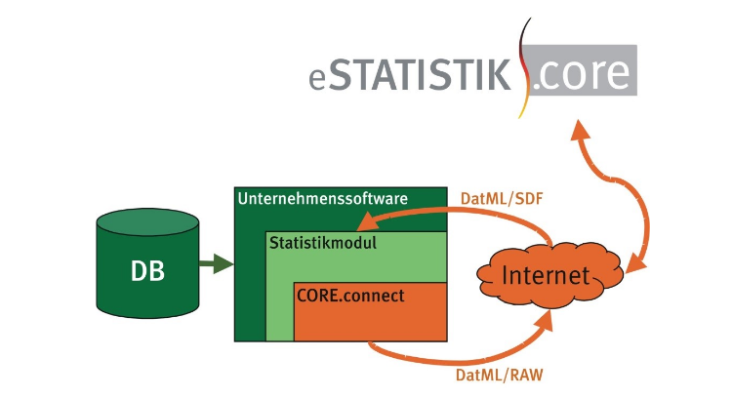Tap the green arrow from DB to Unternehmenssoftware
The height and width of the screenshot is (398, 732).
tap(215, 263)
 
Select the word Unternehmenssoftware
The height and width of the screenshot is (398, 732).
tap(322, 198)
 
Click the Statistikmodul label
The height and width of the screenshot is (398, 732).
tap(322, 241)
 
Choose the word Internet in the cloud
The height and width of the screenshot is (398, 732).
tap(546, 276)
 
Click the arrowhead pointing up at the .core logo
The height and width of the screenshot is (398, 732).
tap(580, 134)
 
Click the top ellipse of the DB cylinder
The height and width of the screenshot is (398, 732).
tap(147, 223)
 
